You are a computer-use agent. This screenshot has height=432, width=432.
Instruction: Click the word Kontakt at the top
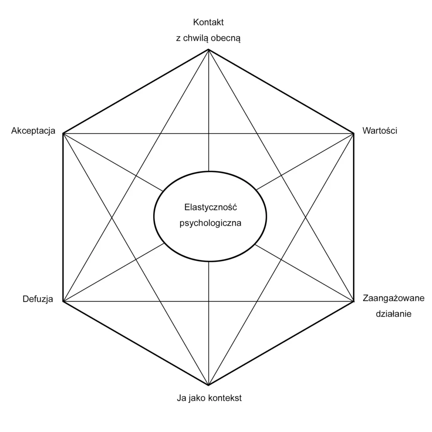click(x=208, y=22)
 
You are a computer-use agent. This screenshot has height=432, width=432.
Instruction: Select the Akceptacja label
click(x=33, y=131)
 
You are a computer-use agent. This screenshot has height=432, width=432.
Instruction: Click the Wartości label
click(x=380, y=131)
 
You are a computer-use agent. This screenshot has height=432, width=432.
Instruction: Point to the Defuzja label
click(x=38, y=299)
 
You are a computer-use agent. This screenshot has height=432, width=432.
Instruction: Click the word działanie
click(x=393, y=314)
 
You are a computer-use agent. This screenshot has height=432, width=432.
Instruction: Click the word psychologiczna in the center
click(x=210, y=223)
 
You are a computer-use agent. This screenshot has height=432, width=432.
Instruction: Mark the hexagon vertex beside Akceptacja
click(x=63, y=133)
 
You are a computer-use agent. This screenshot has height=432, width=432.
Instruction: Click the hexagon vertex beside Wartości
click(x=354, y=133)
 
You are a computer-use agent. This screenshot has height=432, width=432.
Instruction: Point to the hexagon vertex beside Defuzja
click(x=63, y=301)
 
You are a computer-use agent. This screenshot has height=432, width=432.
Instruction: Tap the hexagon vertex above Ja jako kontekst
click(x=208, y=385)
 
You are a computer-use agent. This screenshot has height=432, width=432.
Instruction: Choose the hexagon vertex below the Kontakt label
click(x=208, y=50)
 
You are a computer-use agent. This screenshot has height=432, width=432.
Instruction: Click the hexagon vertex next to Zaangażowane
click(x=354, y=301)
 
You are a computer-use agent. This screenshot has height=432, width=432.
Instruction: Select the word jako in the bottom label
click(x=197, y=398)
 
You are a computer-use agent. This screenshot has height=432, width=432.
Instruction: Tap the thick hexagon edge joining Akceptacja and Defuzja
click(x=63, y=217)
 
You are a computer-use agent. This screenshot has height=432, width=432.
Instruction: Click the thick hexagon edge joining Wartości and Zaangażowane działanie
click(x=354, y=217)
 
